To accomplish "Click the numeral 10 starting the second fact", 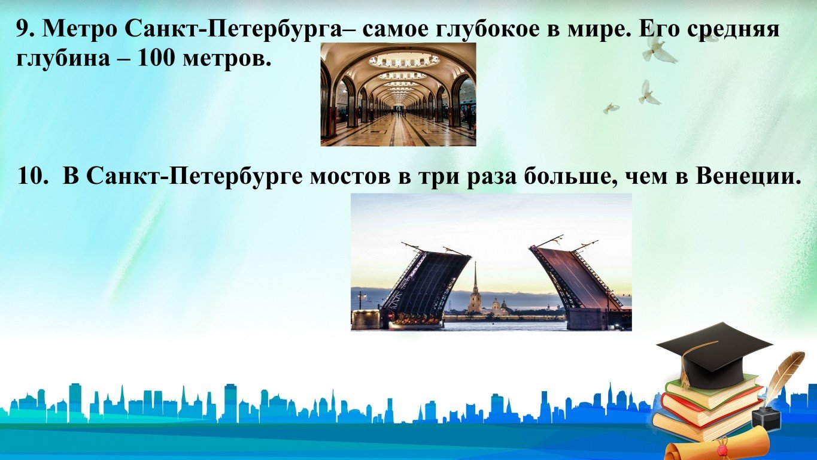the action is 32,177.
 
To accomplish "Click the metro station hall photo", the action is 398,94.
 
